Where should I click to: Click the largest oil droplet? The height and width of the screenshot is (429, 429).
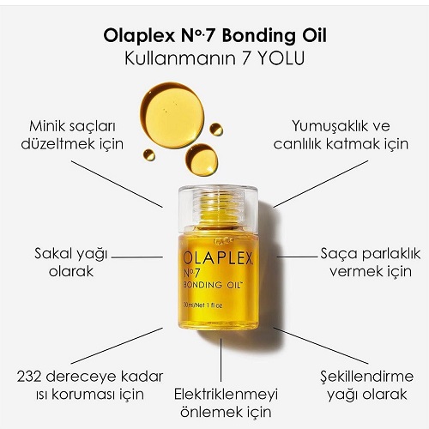click(x=172, y=115)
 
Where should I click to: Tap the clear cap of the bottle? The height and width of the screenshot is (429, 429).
click(x=218, y=208)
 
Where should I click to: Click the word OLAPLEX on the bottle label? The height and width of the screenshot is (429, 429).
click(x=218, y=258)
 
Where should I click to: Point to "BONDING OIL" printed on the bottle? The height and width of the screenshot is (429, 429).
click(x=213, y=285)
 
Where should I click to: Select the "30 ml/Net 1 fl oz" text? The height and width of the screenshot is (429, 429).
click(x=202, y=305)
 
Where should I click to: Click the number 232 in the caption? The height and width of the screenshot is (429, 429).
click(x=29, y=377)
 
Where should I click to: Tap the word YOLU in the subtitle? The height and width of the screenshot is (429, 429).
click(x=281, y=58)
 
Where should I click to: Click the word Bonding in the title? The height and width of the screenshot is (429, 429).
click(x=257, y=37)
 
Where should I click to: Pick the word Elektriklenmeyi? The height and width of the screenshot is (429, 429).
click(x=226, y=395)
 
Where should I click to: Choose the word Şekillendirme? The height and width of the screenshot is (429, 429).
click(x=367, y=377)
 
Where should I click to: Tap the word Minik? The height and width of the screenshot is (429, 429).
click(x=45, y=126)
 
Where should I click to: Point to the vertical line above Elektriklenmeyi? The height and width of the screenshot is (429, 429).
click(x=221, y=360)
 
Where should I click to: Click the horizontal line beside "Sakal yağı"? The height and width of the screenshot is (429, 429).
click(x=137, y=257)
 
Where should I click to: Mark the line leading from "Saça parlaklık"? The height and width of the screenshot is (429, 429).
click(x=298, y=257)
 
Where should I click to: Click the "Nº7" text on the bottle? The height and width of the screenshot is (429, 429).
click(x=191, y=273)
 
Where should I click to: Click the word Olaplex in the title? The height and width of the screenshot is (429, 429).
click(x=139, y=37)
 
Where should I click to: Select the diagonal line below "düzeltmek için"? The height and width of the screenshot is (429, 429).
click(x=117, y=184)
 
